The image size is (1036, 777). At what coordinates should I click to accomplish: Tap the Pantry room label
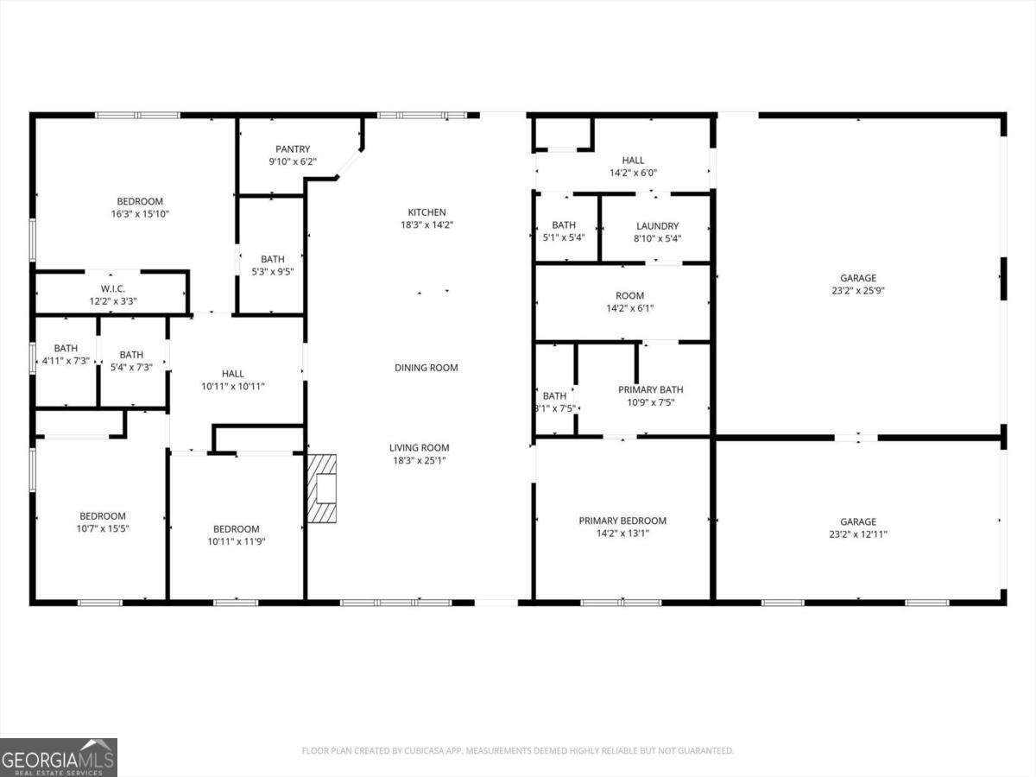(x=293, y=149)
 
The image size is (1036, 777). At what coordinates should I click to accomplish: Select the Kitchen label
(x=426, y=212)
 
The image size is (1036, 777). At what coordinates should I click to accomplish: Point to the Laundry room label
(x=657, y=226)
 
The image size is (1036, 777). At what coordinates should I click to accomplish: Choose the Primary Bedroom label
(x=622, y=521)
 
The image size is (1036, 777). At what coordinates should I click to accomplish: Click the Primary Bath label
(x=650, y=390)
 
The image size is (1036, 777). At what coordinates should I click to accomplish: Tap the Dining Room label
(x=426, y=368)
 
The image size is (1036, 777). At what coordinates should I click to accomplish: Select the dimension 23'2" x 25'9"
(x=858, y=291)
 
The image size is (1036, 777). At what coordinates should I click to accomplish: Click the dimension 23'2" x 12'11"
(x=858, y=534)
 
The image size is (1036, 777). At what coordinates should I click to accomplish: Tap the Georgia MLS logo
(x=59, y=757)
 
